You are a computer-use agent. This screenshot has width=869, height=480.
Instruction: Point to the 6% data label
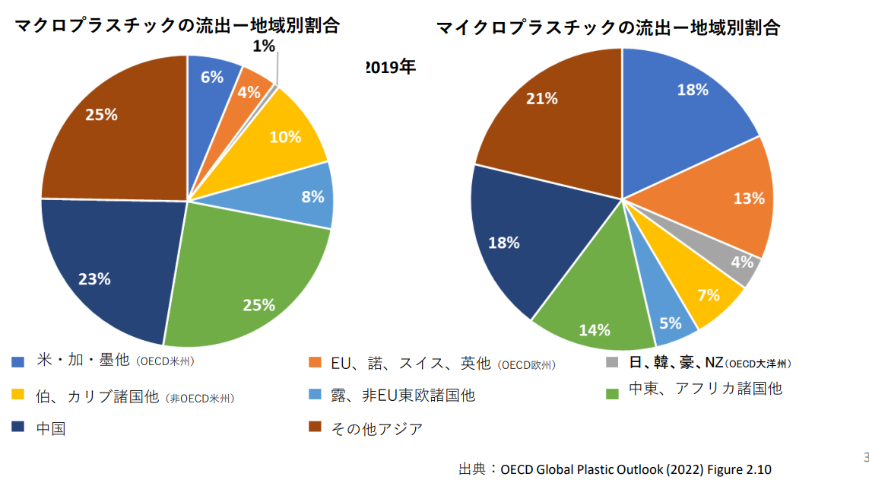click(x=212, y=77)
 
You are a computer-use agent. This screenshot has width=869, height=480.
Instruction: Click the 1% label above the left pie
click(x=264, y=46)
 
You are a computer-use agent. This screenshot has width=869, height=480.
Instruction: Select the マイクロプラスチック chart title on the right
click(x=608, y=28)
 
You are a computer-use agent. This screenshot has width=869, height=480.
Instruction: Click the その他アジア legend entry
click(x=376, y=428)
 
